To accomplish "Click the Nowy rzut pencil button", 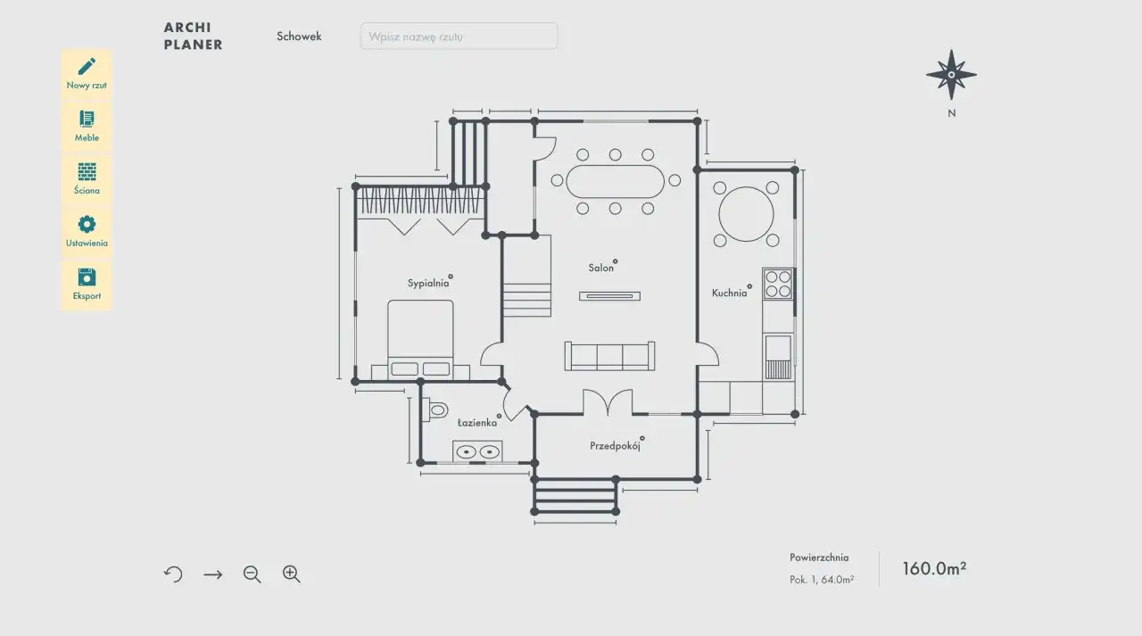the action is (87, 74).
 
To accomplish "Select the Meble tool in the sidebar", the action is (87, 127).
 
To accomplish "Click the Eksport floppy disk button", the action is (87, 285).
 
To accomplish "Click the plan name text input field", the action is (459, 37).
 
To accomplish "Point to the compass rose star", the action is (951, 75).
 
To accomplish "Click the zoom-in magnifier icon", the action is (292, 574).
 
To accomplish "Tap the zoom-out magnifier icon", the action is (252, 574).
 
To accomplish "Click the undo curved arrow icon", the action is (173, 574).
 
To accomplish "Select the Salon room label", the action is (601, 268).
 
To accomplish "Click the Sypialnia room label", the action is (428, 284).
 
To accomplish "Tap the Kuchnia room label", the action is (729, 293).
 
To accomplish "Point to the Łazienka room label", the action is (477, 423).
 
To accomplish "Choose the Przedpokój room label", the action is (615, 446).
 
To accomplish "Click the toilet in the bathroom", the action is (436, 409).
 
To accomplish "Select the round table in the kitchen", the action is (746, 214).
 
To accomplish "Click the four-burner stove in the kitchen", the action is (778, 285).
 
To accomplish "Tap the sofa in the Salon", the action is (609, 356).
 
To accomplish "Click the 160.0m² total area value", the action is (934, 568).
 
